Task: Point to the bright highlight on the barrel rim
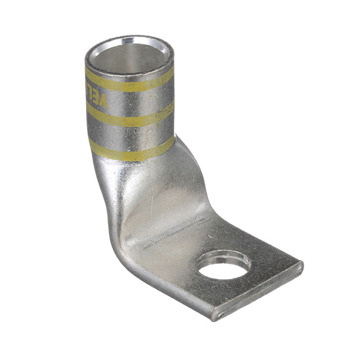pos(128,40)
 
